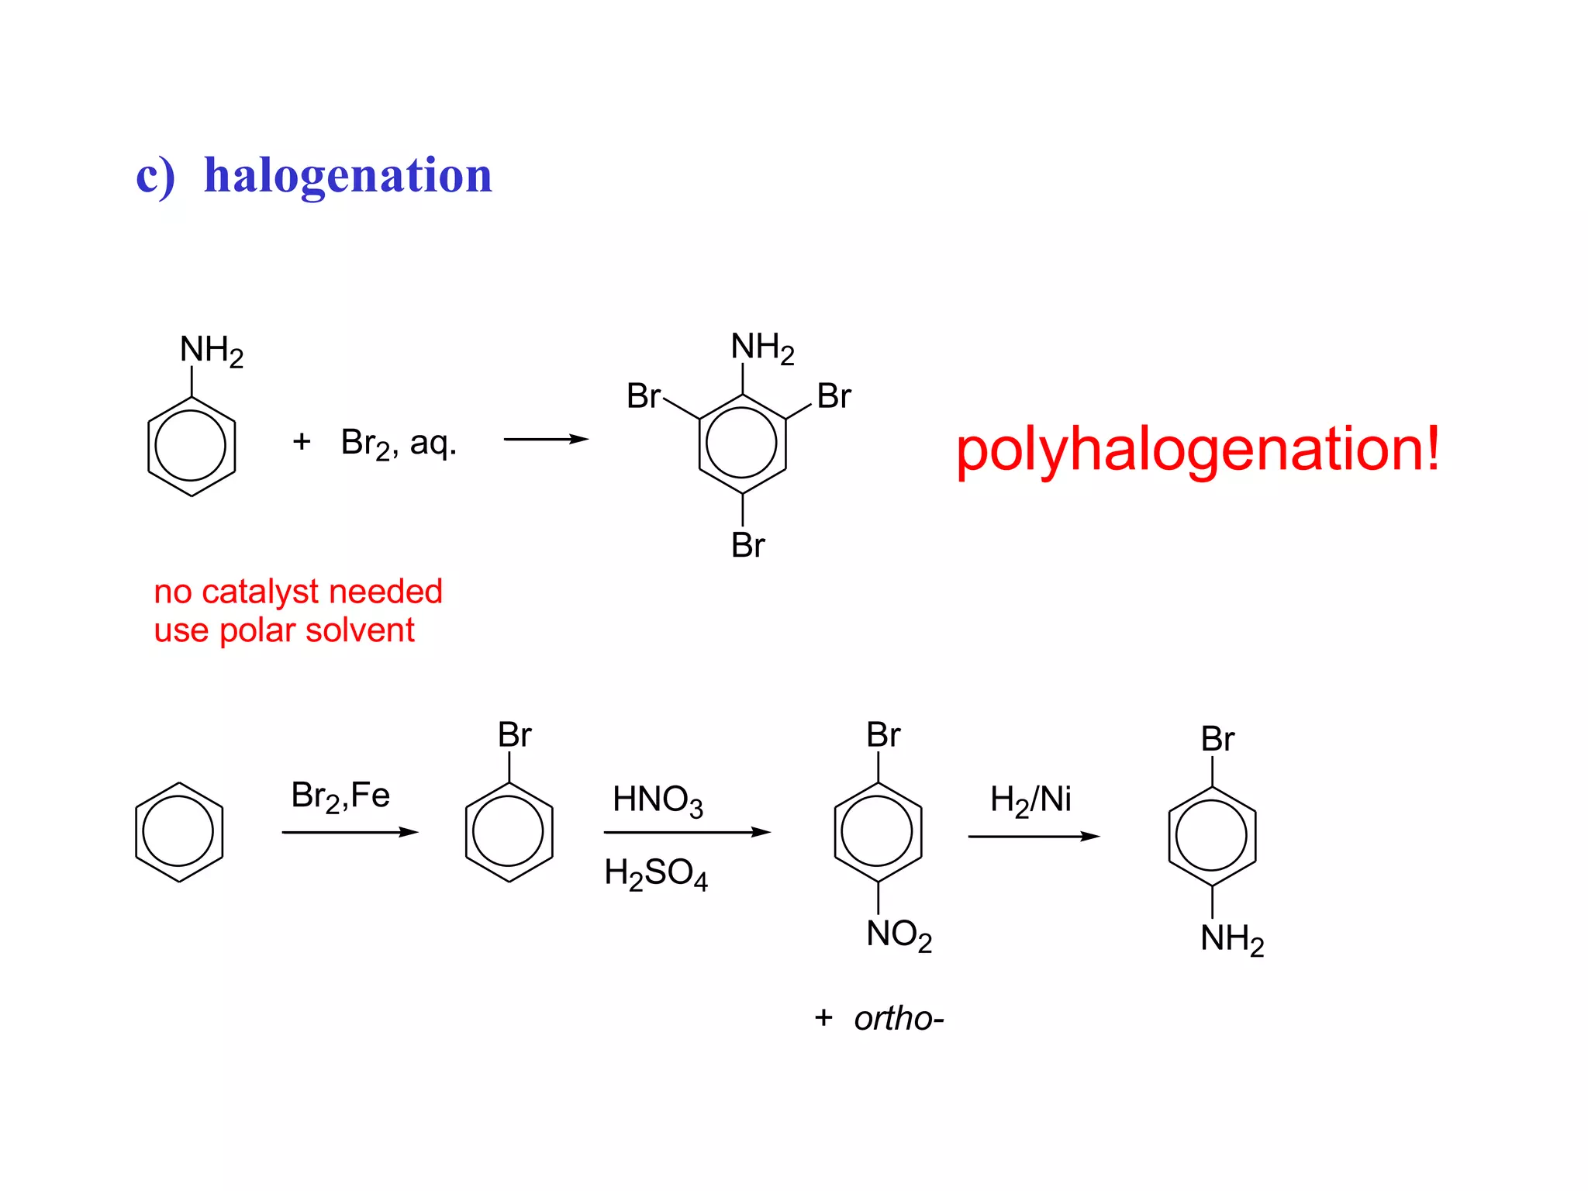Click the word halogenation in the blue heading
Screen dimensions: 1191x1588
[347, 175]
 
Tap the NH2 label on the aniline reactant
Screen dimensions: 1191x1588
[211, 350]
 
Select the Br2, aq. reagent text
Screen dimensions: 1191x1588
[399, 444]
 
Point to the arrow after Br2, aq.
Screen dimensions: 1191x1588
[546, 440]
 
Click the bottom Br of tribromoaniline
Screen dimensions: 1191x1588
[747, 545]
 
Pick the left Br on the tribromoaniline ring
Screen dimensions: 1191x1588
[644, 396]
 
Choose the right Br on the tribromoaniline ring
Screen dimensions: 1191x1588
[834, 396]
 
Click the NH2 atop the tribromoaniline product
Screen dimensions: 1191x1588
[762, 347]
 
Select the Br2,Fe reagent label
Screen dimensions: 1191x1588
[340, 796]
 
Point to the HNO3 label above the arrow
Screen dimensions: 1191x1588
[658, 800]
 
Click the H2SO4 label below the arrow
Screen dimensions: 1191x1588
[656, 874]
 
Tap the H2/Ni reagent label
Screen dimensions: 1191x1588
[1030, 799]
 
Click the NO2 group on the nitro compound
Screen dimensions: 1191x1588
[899, 934]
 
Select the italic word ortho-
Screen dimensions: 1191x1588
[899, 1018]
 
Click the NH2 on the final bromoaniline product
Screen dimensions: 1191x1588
[1232, 939]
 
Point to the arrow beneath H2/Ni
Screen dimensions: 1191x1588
[1034, 837]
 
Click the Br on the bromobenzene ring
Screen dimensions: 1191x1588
[514, 734]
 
